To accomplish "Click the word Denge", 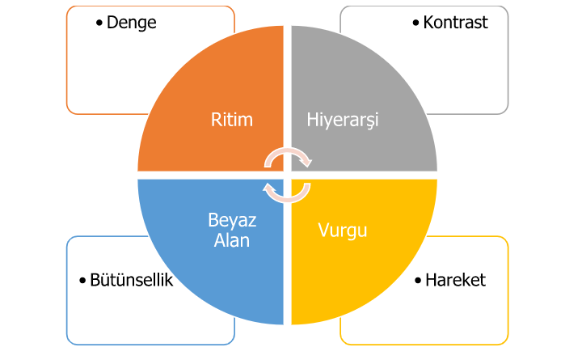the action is [x=132, y=23].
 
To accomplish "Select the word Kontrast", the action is [x=455, y=23].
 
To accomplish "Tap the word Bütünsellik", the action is [x=132, y=280].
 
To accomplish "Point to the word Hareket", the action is [x=455, y=280].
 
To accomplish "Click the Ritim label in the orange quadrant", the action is [x=232, y=120].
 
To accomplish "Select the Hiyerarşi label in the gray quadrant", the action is [x=343, y=121].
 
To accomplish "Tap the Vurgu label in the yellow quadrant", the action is [x=343, y=231].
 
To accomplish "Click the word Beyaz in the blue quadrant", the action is [x=232, y=220].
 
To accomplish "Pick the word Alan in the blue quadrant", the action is [x=232, y=240].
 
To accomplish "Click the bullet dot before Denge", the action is [x=99, y=23].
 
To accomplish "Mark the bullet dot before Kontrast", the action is [x=415, y=23].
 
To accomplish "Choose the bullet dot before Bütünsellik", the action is [x=82, y=281].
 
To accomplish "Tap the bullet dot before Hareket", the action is [x=418, y=281].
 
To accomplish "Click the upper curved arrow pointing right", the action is [x=288, y=150].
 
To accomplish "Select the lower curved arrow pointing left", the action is [x=288, y=201].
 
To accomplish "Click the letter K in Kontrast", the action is [x=428, y=23].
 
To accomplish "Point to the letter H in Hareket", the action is [x=431, y=280].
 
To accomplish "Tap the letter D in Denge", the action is [x=112, y=23].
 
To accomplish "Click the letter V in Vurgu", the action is [x=324, y=230].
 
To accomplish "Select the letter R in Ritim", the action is [x=216, y=120].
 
